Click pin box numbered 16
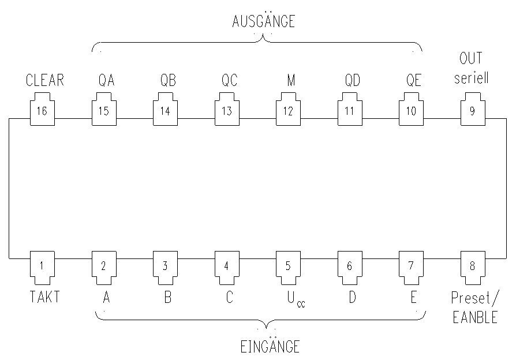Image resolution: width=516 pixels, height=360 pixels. [42, 111]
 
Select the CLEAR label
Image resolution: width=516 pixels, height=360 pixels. [44, 81]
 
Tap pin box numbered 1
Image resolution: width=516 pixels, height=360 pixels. [42, 266]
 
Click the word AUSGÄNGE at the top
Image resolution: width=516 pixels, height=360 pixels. [263, 21]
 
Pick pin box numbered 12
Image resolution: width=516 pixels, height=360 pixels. [287, 111]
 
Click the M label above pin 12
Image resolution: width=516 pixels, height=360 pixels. [291, 81]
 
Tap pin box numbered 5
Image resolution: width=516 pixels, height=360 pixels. [287, 266]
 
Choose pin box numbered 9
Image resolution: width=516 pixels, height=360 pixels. [472, 111]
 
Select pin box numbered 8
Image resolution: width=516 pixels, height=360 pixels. [472, 266]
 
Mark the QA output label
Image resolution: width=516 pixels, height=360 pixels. [106, 81]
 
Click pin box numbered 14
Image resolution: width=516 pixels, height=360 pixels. [164, 111]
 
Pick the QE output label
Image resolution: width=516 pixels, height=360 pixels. [413, 81]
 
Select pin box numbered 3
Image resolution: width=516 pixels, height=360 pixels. [164, 266]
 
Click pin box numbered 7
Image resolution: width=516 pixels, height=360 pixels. [410, 266]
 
